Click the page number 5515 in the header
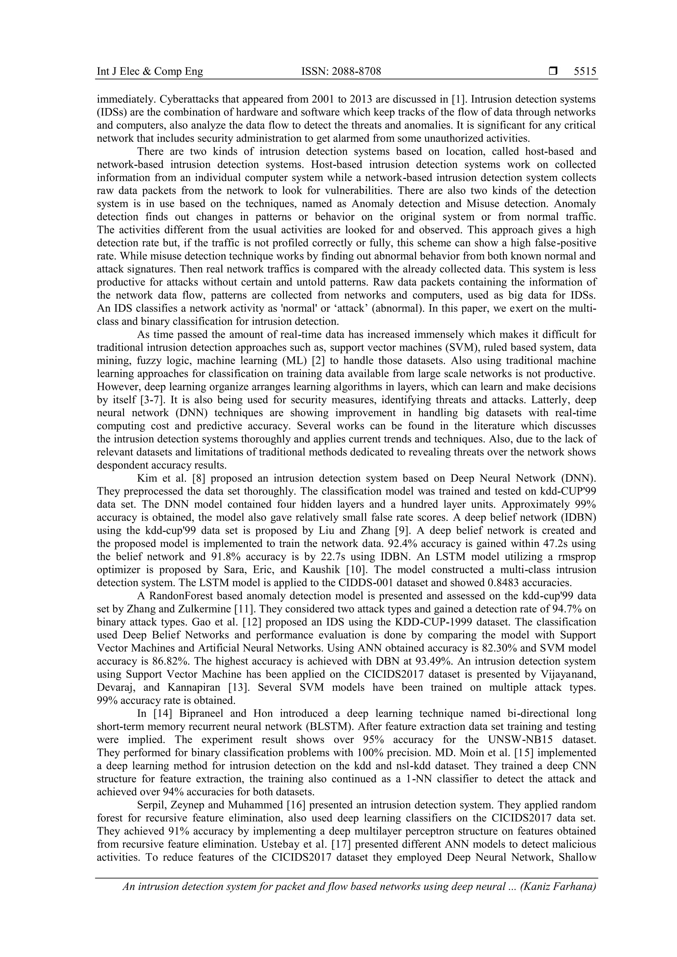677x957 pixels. point(585,72)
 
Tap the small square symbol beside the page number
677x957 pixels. point(553,72)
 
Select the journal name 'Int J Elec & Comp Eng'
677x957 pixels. point(150,72)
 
